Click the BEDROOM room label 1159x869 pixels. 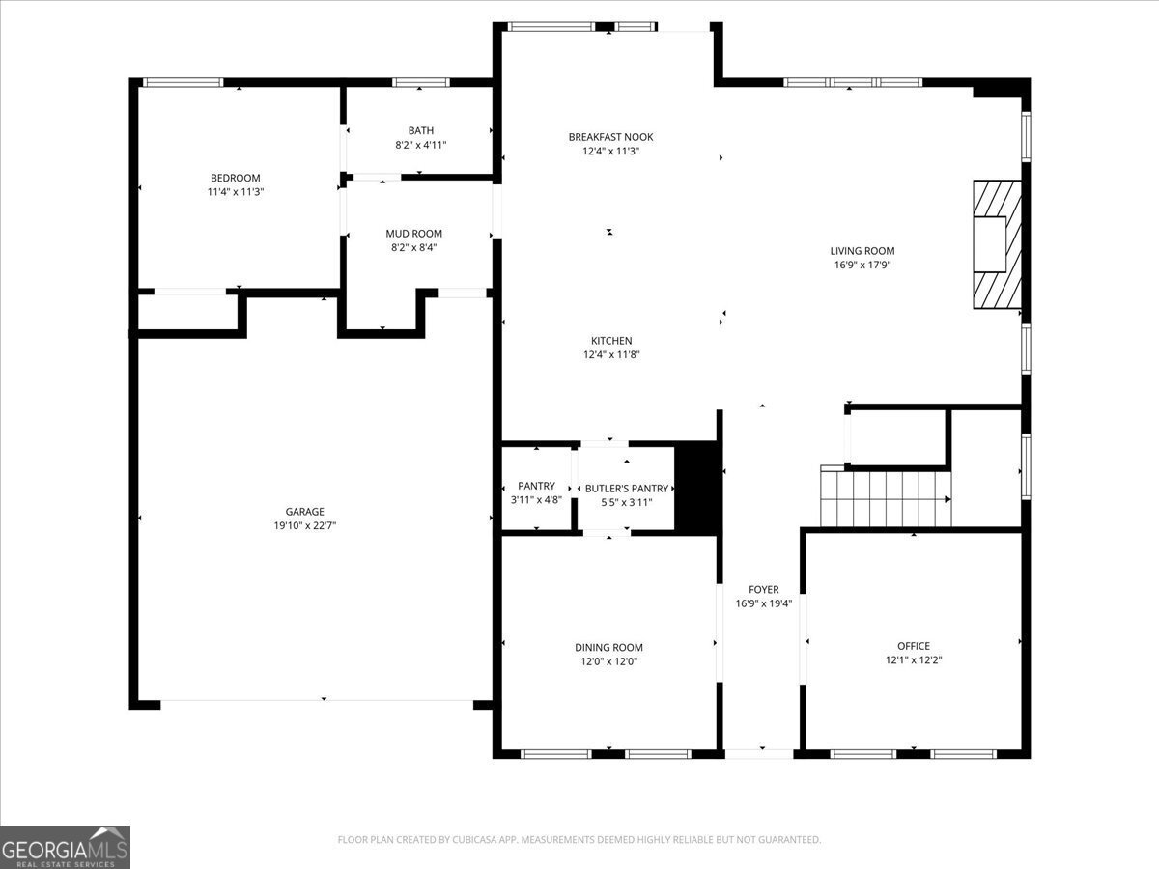click(235, 178)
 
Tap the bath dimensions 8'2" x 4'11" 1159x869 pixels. click(421, 145)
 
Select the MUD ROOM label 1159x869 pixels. click(414, 234)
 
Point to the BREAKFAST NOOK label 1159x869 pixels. click(611, 137)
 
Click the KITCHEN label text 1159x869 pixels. click(611, 341)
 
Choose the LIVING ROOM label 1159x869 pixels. click(862, 251)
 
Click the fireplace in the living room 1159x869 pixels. click(998, 244)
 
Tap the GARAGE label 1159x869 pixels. click(304, 512)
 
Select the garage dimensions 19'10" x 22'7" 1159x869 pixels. click(304, 525)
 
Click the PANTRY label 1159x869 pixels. click(536, 486)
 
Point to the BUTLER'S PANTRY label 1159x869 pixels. click(627, 489)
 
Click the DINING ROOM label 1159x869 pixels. click(608, 647)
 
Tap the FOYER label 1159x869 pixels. click(764, 589)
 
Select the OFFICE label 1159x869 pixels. click(914, 646)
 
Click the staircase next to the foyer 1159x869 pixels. click(886, 496)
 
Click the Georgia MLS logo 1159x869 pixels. click(65, 847)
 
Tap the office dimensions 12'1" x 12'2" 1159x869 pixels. click(914, 660)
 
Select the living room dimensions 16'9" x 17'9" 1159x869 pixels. click(862, 265)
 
